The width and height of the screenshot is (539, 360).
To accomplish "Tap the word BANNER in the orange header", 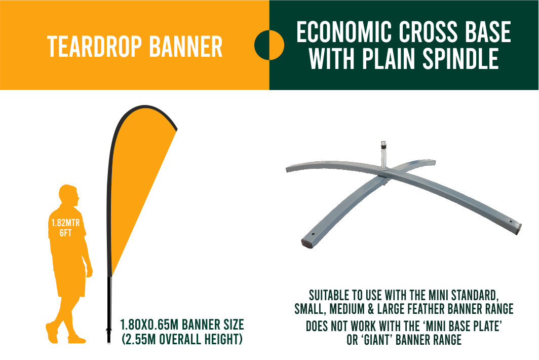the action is (186, 47).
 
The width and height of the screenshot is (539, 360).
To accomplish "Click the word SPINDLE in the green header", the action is (460, 58).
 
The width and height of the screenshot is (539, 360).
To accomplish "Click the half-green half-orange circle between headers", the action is (269, 45).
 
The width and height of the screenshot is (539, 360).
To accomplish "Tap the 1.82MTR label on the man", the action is (66, 223).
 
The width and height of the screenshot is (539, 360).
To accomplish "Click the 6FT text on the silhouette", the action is (66, 233).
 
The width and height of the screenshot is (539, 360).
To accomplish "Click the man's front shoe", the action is (76, 340).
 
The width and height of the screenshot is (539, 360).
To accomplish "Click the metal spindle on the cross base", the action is (383, 155).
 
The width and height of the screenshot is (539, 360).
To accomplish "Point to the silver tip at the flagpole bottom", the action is (109, 342).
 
